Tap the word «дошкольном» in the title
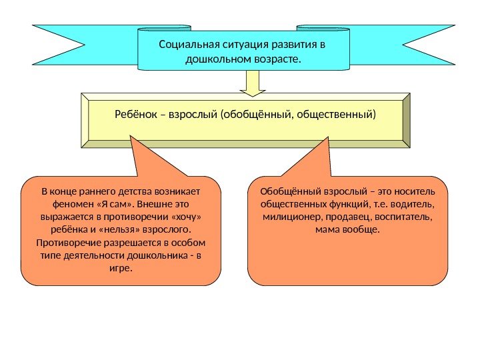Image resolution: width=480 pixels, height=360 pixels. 215,59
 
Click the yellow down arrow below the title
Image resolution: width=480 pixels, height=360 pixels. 253,82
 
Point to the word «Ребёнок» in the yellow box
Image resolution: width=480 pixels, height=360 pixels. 135,115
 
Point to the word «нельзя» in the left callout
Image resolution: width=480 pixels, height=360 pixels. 141,230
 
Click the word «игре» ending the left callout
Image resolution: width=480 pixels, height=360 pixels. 119,268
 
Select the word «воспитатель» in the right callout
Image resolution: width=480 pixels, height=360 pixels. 404,217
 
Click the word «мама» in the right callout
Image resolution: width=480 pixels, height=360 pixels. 327,230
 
